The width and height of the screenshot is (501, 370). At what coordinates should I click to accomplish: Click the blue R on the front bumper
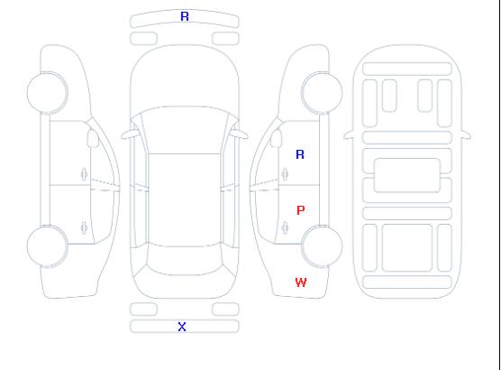185,16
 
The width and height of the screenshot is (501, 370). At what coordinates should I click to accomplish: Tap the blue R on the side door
300,154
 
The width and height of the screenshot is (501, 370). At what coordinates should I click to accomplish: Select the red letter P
301,210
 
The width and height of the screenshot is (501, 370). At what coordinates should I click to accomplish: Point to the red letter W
301,282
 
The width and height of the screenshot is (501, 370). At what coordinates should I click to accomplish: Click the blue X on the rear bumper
182,327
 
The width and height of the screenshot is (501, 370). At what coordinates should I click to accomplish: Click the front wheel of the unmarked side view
47,93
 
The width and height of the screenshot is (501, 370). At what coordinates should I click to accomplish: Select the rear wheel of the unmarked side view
47,246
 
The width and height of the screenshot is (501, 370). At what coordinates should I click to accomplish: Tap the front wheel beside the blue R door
322,93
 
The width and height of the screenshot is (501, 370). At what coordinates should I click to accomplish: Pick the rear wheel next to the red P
322,246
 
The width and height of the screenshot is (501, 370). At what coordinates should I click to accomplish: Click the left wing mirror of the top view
129,134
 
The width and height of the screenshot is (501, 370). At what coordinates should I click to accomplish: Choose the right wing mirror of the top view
240,134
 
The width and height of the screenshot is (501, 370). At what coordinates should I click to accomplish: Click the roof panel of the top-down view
185,200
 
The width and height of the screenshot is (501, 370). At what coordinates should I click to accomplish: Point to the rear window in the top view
185,260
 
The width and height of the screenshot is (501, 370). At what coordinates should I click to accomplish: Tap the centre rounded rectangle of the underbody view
407,175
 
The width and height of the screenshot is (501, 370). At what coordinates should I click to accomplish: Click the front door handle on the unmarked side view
84,174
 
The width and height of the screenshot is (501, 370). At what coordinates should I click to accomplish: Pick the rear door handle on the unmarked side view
84,227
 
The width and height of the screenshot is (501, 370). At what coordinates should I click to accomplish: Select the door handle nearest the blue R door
285,174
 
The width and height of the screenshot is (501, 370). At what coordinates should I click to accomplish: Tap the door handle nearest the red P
285,227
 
